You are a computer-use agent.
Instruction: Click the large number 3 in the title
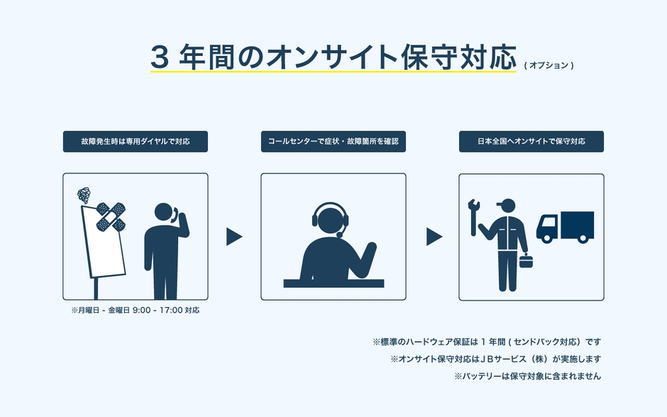(160, 57)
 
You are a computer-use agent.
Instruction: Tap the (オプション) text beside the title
(549, 65)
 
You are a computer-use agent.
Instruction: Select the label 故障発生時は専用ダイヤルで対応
(136, 142)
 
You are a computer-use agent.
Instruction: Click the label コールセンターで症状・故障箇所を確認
(333, 142)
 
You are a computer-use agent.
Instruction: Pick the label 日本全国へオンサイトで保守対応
(531, 142)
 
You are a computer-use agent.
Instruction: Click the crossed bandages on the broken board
(110, 216)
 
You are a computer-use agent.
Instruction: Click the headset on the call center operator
(330, 216)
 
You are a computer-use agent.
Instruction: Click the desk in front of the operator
(333, 283)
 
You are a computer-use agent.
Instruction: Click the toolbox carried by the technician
(527, 262)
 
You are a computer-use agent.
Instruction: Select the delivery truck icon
(565, 227)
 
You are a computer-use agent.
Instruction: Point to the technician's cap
(506, 205)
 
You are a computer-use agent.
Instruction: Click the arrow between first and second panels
(234, 237)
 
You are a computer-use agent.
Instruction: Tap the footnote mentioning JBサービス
(495, 359)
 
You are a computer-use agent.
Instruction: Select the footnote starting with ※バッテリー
(527, 377)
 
